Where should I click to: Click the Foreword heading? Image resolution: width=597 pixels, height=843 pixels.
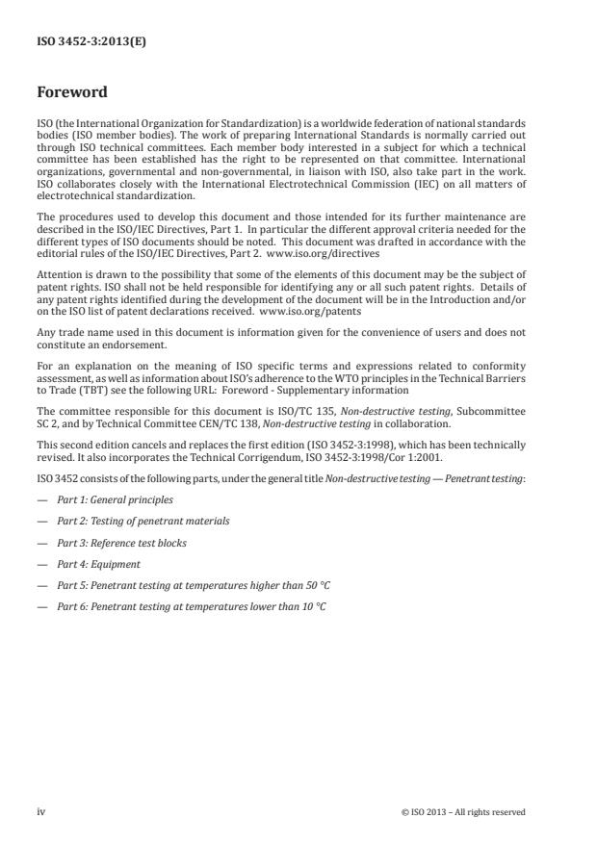point(72,94)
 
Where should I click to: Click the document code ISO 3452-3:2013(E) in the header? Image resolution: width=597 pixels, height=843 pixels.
point(85,42)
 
